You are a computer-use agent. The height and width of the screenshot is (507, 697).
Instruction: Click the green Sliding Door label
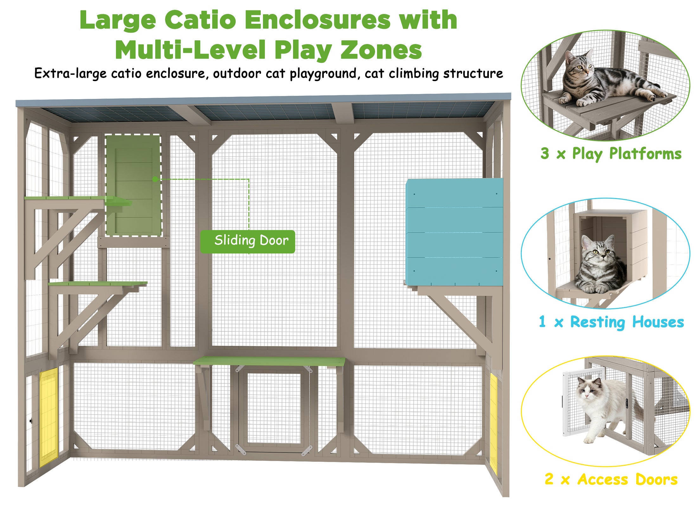247,241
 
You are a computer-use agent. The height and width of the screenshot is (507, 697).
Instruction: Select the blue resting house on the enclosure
454,232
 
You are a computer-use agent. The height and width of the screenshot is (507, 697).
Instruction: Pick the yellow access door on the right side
493,423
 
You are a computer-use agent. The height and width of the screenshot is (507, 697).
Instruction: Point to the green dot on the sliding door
155,179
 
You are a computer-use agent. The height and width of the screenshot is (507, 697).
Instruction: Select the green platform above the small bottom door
269,361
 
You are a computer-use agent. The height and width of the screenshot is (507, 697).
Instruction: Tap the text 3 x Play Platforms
611,154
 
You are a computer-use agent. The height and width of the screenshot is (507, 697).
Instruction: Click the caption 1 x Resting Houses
611,322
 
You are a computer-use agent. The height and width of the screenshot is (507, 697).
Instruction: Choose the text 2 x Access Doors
611,479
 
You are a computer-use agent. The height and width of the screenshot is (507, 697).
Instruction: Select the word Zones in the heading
381,50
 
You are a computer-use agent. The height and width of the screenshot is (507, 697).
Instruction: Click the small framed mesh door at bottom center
274,409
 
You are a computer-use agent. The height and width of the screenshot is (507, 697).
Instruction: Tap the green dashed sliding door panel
133,185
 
